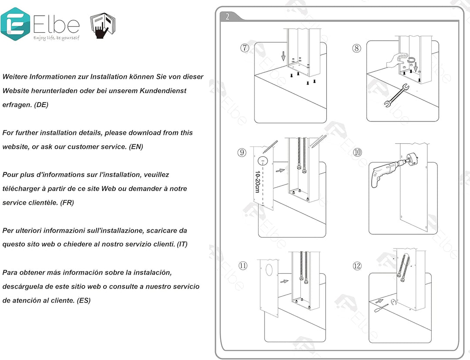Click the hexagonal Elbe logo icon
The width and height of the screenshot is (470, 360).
coord(15,24)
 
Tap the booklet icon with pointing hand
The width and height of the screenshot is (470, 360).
coord(103,26)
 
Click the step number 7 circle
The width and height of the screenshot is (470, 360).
coord(245,48)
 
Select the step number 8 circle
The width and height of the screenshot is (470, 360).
coord(357,48)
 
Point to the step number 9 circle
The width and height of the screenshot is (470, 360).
coord(242,152)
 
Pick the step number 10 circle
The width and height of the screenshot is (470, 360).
coord(357,152)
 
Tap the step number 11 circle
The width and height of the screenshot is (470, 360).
coord(243,265)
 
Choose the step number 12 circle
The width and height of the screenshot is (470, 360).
coord(357,265)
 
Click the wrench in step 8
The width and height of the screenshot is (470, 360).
coord(395,96)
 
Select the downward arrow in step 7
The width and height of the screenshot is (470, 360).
coord(283,56)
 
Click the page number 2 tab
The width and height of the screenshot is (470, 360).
coord(228,17)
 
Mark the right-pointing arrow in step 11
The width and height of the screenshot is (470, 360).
coord(284,281)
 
